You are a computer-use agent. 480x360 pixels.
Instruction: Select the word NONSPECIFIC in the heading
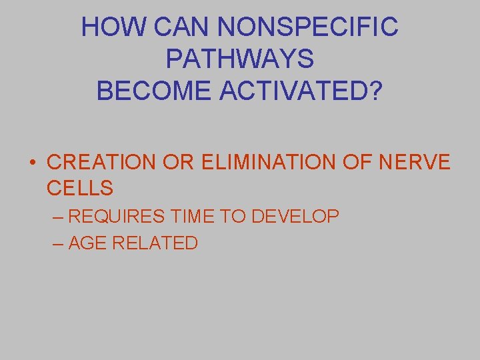pos(308,27)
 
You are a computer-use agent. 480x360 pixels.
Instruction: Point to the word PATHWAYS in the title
pos(239,59)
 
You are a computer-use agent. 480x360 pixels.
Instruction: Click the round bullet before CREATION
pos(32,163)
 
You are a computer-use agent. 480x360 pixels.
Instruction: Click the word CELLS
pos(80,188)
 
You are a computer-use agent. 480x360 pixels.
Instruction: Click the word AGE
pos(87,243)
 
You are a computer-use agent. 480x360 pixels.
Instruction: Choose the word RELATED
pos(155,243)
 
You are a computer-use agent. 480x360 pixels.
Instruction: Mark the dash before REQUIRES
pos(57,216)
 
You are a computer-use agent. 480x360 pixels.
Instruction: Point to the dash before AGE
pos(57,243)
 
